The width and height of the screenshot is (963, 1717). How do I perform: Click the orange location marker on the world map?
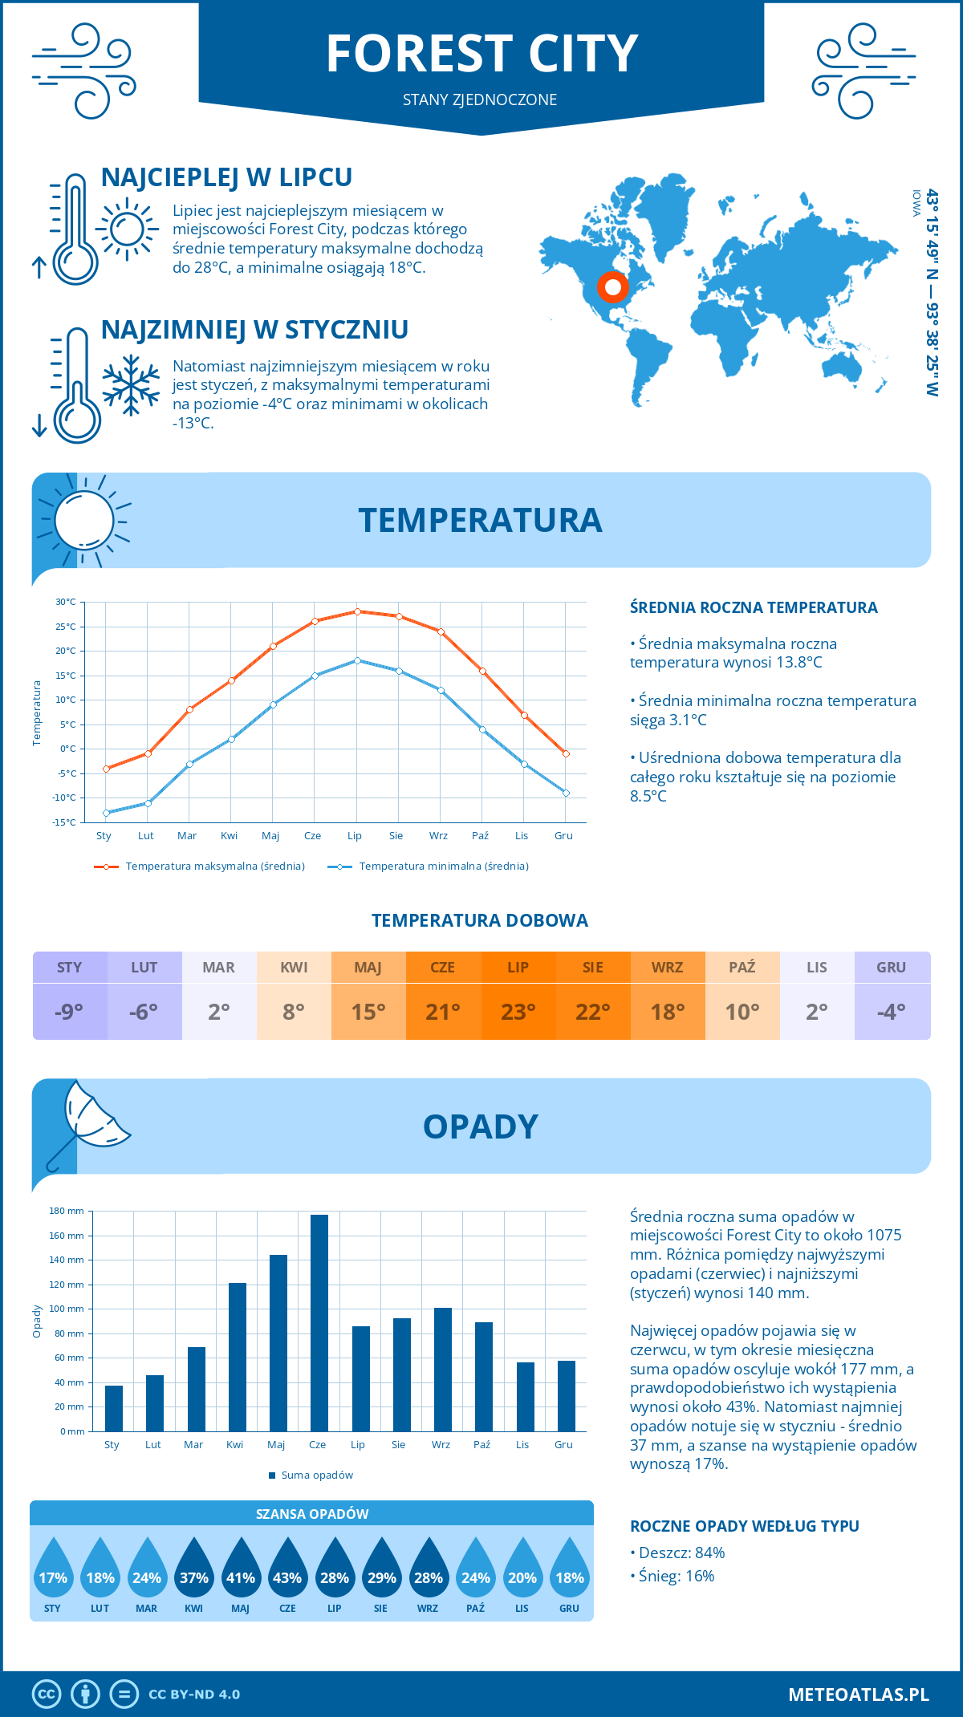pyautogui.click(x=612, y=286)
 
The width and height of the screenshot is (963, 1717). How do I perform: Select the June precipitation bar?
pyautogui.click(x=319, y=1323)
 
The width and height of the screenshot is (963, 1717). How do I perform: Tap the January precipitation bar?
pyautogui.click(x=114, y=1408)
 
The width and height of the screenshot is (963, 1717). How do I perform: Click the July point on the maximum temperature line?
pyautogui.click(x=357, y=611)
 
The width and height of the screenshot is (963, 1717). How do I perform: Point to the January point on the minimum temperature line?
pyautogui.click(x=106, y=813)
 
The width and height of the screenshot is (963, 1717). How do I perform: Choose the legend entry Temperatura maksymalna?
pyautogui.click(x=200, y=867)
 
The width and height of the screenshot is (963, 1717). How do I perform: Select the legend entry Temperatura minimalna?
pyautogui.click(x=429, y=867)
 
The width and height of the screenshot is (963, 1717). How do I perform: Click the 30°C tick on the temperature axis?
pyautogui.click(x=66, y=602)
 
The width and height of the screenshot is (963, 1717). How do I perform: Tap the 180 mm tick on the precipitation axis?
pyautogui.click(x=67, y=1211)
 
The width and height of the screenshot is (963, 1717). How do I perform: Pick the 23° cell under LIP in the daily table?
pyautogui.click(x=518, y=1012)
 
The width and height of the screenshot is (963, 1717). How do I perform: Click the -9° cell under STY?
pyautogui.click(x=70, y=1012)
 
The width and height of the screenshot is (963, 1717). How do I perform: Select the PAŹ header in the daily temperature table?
pyautogui.click(x=742, y=968)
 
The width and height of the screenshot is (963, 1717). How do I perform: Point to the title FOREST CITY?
pyautogui.click(x=481, y=55)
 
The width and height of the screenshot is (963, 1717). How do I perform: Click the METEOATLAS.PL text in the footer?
pyautogui.click(x=859, y=1695)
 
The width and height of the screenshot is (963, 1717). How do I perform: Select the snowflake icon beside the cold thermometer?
pyautogui.click(x=131, y=384)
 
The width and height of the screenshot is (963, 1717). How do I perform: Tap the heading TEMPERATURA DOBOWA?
pyautogui.click(x=480, y=920)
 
